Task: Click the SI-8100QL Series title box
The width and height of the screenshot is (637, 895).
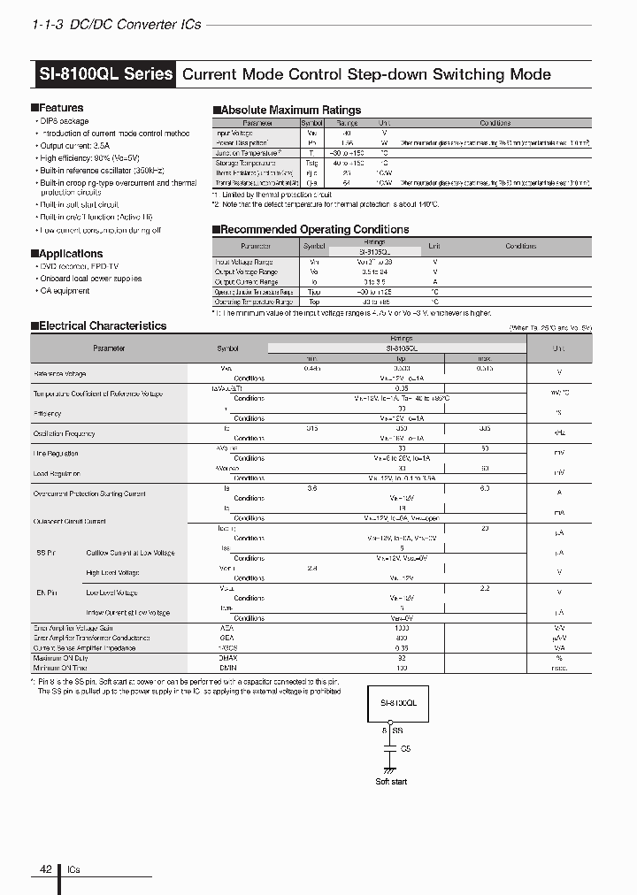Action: (x=105, y=74)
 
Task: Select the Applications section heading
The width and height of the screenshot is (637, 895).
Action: (x=66, y=254)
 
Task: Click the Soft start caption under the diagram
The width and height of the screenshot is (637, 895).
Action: (x=391, y=781)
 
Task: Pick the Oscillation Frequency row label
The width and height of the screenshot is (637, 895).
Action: (x=64, y=433)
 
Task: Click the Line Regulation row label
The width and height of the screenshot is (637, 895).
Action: (x=56, y=454)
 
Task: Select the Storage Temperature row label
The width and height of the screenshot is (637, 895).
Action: (x=245, y=163)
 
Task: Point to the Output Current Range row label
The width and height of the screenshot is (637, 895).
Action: (x=247, y=281)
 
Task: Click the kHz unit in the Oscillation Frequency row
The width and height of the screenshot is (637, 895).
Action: (x=558, y=433)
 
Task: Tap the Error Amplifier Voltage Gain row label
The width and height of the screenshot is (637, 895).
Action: (x=73, y=629)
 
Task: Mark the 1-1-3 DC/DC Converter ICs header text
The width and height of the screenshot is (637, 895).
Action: (x=116, y=24)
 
